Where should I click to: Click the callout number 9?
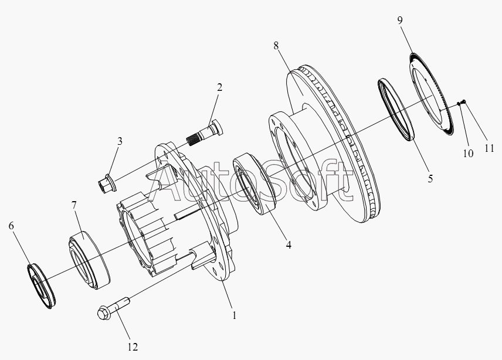pos(400,21)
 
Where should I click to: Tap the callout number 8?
pos(276,46)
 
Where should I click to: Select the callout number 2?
pos(219,87)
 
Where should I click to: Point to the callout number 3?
pos(120,141)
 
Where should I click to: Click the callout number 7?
pos(74,205)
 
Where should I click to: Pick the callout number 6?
pos(11,226)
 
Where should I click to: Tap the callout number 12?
pos(133,347)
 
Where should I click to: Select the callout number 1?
pos(235,315)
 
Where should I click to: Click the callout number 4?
pos(289,245)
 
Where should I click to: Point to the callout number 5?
pos(430,179)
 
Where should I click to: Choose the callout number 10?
pos(468,154)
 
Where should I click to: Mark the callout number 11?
pos(489,148)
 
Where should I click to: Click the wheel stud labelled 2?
pos(205,133)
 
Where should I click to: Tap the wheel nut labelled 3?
pos(107,183)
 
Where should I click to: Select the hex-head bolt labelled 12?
pos(113,308)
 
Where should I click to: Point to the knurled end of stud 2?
pos(193,140)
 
